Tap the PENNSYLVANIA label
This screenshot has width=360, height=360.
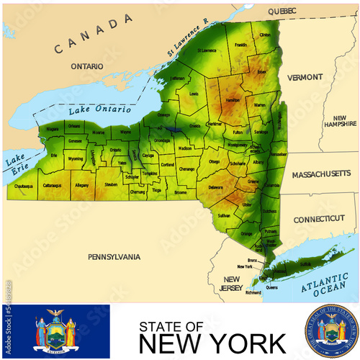pyautogui.click(x=114, y=257)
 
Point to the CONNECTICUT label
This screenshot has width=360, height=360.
pyautogui.click(x=319, y=218)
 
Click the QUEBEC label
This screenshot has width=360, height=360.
pyautogui.click(x=282, y=12)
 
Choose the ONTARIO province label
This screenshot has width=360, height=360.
pyautogui.click(x=87, y=66)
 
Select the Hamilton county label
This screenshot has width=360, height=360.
pyautogui.click(x=233, y=101)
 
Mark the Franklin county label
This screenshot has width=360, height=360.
pyautogui.click(x=240, y=45)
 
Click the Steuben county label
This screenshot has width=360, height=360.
pyautogui.click(x=110, y=184)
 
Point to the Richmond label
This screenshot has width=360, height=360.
pyautogui.click(x=253, y=293)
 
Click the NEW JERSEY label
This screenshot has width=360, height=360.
pyautogui.click(x=232, y=284)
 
